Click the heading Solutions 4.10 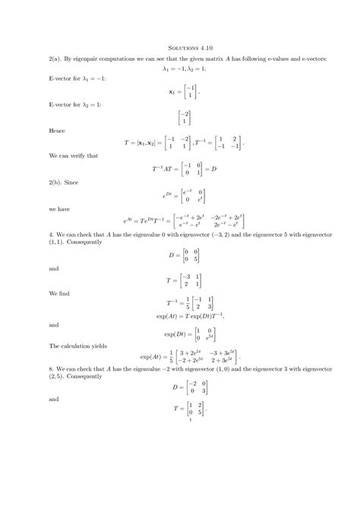[180, 49]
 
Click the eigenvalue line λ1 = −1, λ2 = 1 [180, 68]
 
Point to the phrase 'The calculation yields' [78, 346]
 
